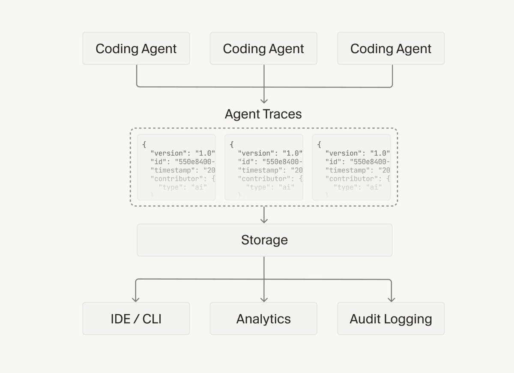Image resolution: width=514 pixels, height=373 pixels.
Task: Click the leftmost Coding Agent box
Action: click(x=136, y=48)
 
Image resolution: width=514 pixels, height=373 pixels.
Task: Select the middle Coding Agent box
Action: click(x=263, y=48)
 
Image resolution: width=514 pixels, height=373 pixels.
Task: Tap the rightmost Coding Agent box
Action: click(x=391, y=48)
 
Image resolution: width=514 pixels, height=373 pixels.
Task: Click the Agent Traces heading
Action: click(x=263, y=114)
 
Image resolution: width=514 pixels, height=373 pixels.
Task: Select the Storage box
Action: click(x=264, y=240)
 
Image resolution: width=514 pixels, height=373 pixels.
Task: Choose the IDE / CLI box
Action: click(x=136, y=319)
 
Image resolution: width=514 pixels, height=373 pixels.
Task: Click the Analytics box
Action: click(x=263, y=319)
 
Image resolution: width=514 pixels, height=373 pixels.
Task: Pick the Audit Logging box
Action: click(x=391, y=319)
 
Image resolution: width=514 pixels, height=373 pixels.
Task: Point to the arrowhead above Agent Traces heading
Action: click(x=264, y=100)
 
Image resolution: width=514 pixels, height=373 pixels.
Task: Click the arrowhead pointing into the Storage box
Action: click(x=264, y=220)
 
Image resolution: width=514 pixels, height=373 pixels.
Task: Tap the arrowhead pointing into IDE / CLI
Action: click(x=136, y=298)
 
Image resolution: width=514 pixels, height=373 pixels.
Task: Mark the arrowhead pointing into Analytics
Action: click(x=264, y=298)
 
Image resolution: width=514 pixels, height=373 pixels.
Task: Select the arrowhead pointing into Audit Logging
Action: click(x=391, y=298)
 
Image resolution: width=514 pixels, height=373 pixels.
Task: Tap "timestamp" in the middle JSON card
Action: click(x=261, y=170)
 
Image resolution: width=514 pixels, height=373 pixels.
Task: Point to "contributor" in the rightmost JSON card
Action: click(x=352, y=178)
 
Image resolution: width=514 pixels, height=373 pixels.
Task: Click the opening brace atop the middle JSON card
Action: click(x=232, y=145)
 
